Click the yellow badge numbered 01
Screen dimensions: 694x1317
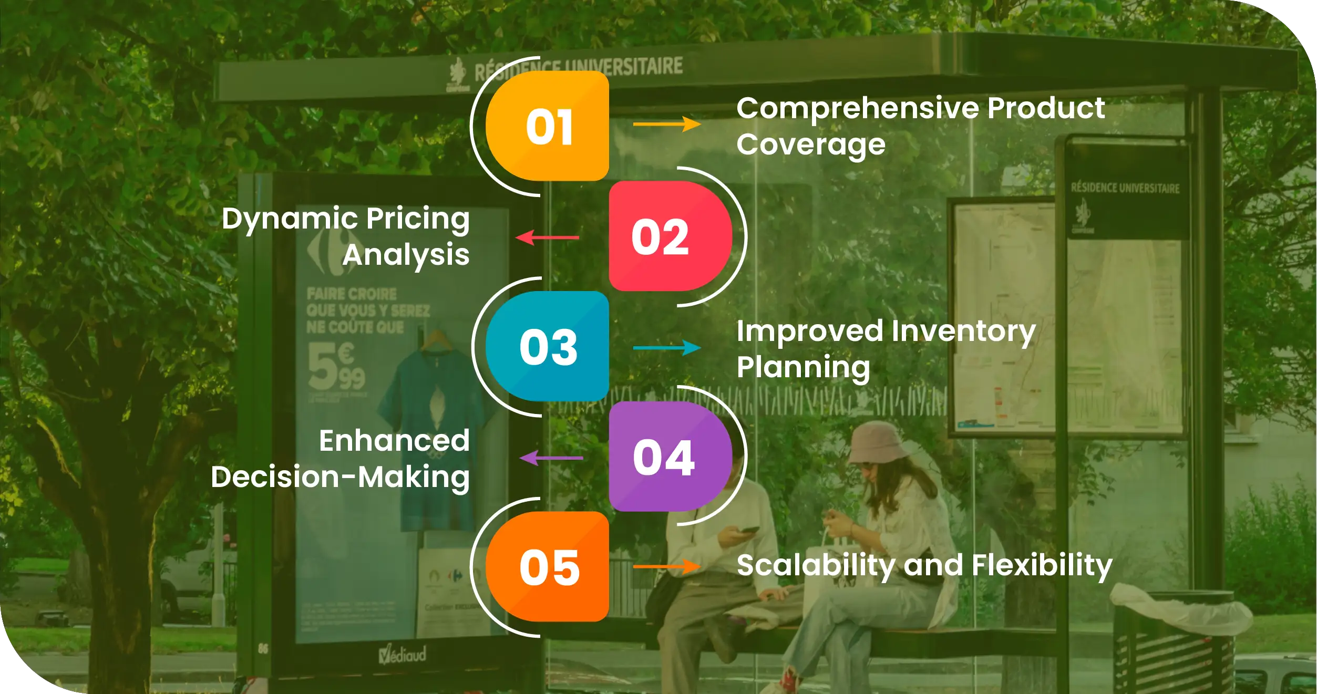point(548,126)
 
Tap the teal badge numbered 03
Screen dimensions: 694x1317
point(548,347)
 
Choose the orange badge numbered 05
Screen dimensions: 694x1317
point(548,567)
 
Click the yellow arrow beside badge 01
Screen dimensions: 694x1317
point(666,125)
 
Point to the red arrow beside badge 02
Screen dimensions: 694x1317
point(548,237)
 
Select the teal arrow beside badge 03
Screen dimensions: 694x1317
point(666,347)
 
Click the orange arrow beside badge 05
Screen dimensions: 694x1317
point(666,566)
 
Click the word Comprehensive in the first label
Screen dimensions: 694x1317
point(858,109)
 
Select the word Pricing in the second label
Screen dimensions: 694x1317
point(417,219)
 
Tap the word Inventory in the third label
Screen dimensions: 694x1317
point(963,332)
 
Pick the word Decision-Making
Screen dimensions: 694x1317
point(340,477)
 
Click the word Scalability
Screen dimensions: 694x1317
point(816,565)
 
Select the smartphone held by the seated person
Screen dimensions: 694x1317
point(748,530)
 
